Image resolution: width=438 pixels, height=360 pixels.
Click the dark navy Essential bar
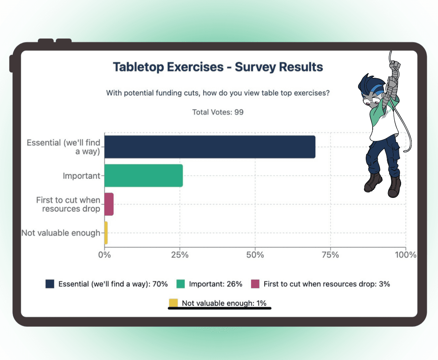tap(210, 147)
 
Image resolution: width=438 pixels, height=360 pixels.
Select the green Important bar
tap(144, 176)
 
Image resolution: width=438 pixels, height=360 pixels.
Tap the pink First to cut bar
tap(109, 204)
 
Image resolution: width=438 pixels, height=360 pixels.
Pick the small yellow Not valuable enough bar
tap(106, 233)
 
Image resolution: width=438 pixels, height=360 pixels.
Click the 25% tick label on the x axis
tap(180, 255)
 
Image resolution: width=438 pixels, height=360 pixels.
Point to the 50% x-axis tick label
tap(255, 255)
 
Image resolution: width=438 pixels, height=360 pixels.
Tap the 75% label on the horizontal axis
tap(330, 255)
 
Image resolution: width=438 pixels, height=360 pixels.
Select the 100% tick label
tap(406, 255)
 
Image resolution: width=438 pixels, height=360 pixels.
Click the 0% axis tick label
tap(104, 255)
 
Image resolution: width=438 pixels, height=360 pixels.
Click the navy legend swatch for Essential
tap(50, 284)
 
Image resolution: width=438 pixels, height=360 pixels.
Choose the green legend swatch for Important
tap(180, 284)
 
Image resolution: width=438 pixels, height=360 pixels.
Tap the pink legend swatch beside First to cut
tap(255, 284)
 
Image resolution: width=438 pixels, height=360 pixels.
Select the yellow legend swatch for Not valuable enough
tap(173, 303)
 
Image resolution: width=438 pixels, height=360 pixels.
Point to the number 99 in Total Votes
tap(239, 112)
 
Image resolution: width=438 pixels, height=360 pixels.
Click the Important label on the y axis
tap(82, 176)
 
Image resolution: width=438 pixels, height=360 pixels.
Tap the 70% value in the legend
tap(160, 284)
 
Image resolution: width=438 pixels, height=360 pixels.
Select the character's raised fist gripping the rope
tap(395, 66)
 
